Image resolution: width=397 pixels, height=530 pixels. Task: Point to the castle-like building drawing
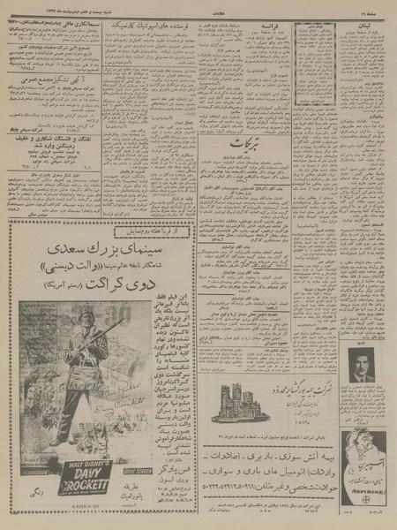tap(238, 399)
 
